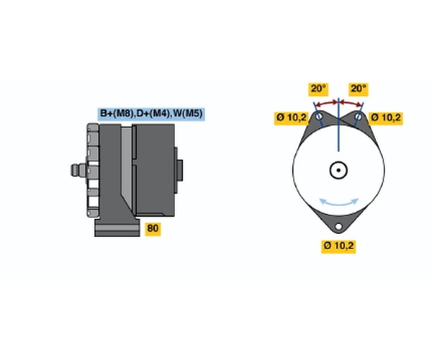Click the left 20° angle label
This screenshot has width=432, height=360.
pos(318,89)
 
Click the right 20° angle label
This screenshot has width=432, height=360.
pos(358,89)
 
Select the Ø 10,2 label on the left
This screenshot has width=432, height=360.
pos(292,118)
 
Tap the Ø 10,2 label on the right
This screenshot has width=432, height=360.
pos(386,118)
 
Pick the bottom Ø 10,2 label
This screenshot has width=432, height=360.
pos(338,246)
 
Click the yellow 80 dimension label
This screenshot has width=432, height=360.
pos(153,229)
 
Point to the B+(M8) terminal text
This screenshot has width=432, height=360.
pos(117,114)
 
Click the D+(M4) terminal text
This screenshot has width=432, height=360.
pos(153,114)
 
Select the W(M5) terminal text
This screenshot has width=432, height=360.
pos(187,114)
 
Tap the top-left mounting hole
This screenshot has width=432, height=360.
pos(319,116)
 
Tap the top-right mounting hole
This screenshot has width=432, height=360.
pos(358,116)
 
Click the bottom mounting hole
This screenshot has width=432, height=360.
pos(338,226)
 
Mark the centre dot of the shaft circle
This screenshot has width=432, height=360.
pos(338,170)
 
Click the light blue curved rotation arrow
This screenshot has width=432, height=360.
pos(338,204)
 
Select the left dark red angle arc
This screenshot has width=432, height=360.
pos(327,103)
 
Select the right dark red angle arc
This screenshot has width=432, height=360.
pos(351,103)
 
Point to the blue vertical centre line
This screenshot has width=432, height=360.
pos(338,125)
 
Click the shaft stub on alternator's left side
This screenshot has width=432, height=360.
pos(78,170)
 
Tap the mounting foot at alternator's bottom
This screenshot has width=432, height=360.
pos(117,228)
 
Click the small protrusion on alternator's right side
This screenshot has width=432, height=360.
pos(179,170)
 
